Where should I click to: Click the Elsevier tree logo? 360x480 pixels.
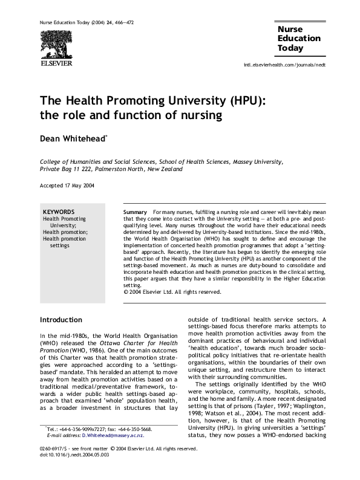[56, 44]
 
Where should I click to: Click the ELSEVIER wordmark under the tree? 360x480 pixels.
[56, 62]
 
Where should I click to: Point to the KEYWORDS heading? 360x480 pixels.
[59, 212]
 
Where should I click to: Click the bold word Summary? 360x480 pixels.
[135, 212]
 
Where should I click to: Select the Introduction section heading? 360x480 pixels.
[61, 320]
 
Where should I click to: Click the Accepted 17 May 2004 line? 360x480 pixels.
[67, 185]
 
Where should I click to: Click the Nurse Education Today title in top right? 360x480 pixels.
[299, 39]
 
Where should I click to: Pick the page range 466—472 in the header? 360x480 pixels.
[121, 22]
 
